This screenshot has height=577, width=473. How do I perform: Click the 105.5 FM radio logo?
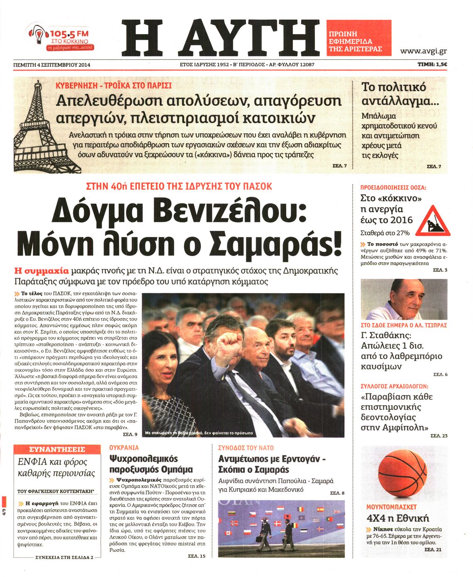tap(61, 38)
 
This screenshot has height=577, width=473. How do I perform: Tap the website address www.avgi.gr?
tap(423, 51)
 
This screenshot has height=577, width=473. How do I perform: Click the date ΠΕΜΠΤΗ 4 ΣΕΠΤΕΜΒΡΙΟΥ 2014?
tap(51, 65)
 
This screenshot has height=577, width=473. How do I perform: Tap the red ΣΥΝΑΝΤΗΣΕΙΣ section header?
tap(57, 450)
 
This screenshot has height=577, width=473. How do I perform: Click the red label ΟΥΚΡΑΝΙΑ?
tap(124, 448)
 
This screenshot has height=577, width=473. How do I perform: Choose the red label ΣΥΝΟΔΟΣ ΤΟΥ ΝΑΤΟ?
tap(246, 448)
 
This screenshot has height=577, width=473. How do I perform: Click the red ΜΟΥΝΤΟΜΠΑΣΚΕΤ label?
tap(391, 507)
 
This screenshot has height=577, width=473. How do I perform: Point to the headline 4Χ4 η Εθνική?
tap(397, 518)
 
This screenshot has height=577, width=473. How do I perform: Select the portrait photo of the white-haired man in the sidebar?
tap(404, 299)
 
